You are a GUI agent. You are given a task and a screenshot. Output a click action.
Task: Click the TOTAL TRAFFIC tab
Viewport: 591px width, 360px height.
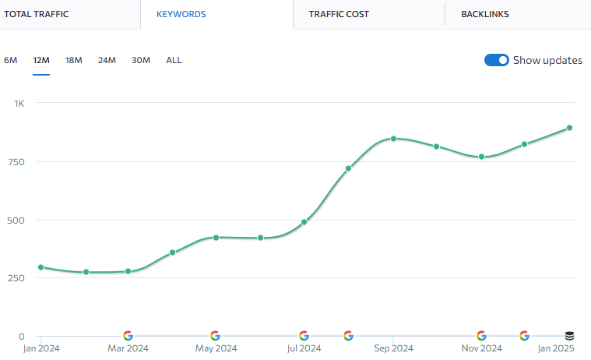37,14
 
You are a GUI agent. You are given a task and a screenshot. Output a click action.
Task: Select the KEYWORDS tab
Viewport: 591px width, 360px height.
181,14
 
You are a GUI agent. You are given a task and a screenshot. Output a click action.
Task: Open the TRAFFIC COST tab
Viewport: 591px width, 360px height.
339,14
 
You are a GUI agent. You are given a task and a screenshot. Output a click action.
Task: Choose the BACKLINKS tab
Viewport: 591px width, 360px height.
485,14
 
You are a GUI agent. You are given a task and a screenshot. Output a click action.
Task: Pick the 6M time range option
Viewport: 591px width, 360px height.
11,60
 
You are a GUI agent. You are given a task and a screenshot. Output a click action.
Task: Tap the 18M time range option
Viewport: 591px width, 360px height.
74,60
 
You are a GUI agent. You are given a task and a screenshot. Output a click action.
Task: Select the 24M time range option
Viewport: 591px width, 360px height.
107,60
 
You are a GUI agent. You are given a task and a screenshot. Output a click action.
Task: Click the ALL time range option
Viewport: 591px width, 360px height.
174,60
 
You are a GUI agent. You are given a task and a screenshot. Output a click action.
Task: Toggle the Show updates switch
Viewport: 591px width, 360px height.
497,60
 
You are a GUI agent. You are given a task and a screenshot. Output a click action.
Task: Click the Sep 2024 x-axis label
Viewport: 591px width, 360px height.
393,348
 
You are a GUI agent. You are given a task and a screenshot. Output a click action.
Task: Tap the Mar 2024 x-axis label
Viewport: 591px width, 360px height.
128,348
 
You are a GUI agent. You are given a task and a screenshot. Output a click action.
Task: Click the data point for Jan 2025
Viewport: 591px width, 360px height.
569,128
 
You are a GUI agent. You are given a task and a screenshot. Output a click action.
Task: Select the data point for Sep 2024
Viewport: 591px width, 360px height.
393,139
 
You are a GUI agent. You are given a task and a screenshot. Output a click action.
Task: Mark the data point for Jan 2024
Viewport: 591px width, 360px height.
40,267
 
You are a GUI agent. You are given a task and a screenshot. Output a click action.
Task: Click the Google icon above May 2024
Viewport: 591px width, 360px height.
215,336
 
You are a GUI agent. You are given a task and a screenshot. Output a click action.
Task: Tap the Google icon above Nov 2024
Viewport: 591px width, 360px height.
481,336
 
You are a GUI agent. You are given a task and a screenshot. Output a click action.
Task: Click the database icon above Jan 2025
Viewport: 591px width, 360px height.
569,336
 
